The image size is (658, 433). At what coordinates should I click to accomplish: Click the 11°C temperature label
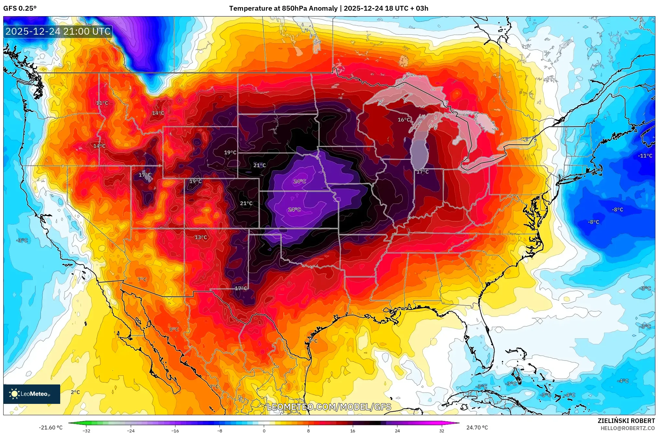pyautogui.click(x=102, y=103)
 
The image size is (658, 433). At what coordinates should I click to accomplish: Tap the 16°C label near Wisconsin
pyautogui.click(x=404, y=120)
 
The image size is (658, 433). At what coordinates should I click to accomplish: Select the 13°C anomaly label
pyautogui.click(x=201, y=237)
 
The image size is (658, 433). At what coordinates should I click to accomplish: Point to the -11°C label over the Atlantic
pyautogui.click(x=645, y=156)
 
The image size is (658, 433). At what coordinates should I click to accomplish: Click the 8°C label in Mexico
pyautogui.click(x=174, y=329)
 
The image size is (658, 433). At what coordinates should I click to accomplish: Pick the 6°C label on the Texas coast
pyautogui.click(x=313, y=341)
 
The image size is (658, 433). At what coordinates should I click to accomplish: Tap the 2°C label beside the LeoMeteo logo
pyautogui.click(x=75, y=392)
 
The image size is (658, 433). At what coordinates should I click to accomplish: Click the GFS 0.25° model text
pyautogui.click(x=20, y=8)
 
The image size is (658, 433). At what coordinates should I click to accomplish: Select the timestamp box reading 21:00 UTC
pyautogui.click(x=58, y=31)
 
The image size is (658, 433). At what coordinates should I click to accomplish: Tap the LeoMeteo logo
pyautogui.click(x=32, y=394)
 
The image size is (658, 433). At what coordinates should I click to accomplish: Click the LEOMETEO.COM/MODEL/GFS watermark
pyautogui.click(x=329, y=407)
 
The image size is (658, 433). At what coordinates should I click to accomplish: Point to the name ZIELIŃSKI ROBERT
pyautogui.click(x=626, y=421)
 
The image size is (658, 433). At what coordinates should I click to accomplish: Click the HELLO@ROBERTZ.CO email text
pyautogui.click(x=628, y=428)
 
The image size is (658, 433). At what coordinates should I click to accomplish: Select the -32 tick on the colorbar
pyautogui.click(x=86, y=431)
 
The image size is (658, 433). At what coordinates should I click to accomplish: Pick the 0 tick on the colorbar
pyautogui.click(x=264, y=431)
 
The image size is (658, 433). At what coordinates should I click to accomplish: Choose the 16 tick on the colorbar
pyautogui.click(x=352, y=431)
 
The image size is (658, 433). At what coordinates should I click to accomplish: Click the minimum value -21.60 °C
pyautogui.click(x=50, y=427)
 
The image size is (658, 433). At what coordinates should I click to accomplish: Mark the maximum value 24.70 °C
pyautogui.click(x=477, y=427)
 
